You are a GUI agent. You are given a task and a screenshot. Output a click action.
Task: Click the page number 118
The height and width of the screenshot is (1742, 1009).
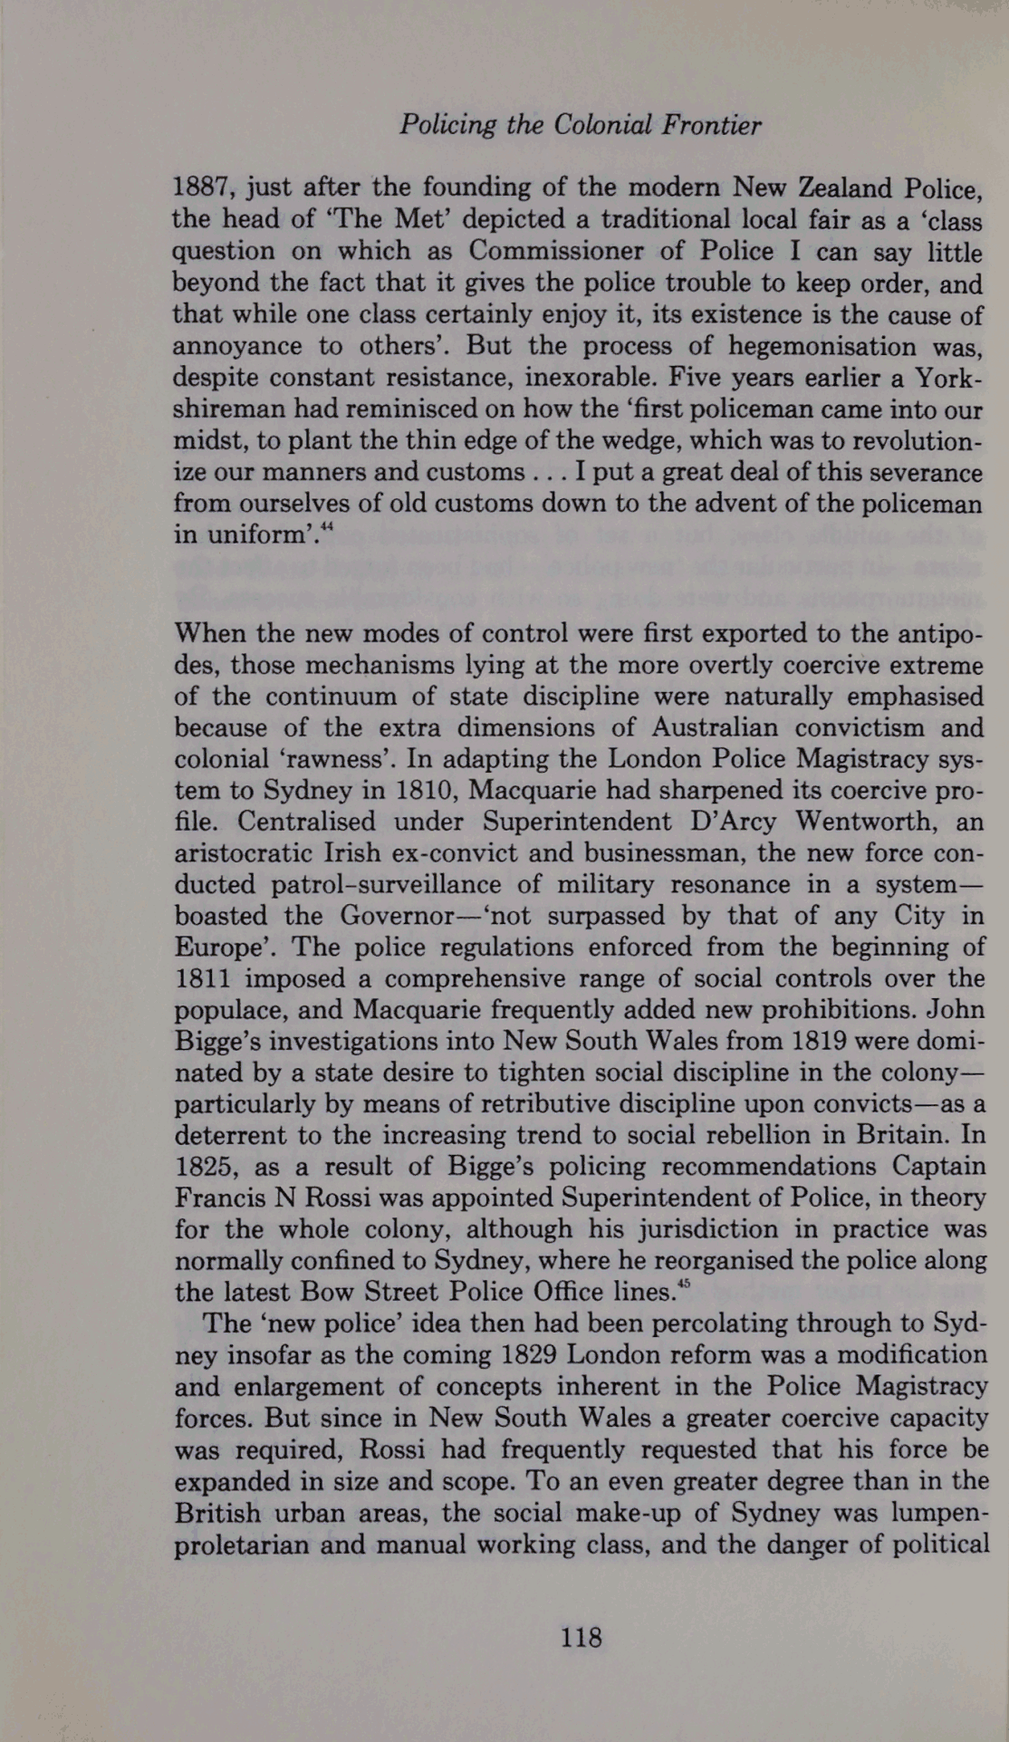tap(581, 1637)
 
